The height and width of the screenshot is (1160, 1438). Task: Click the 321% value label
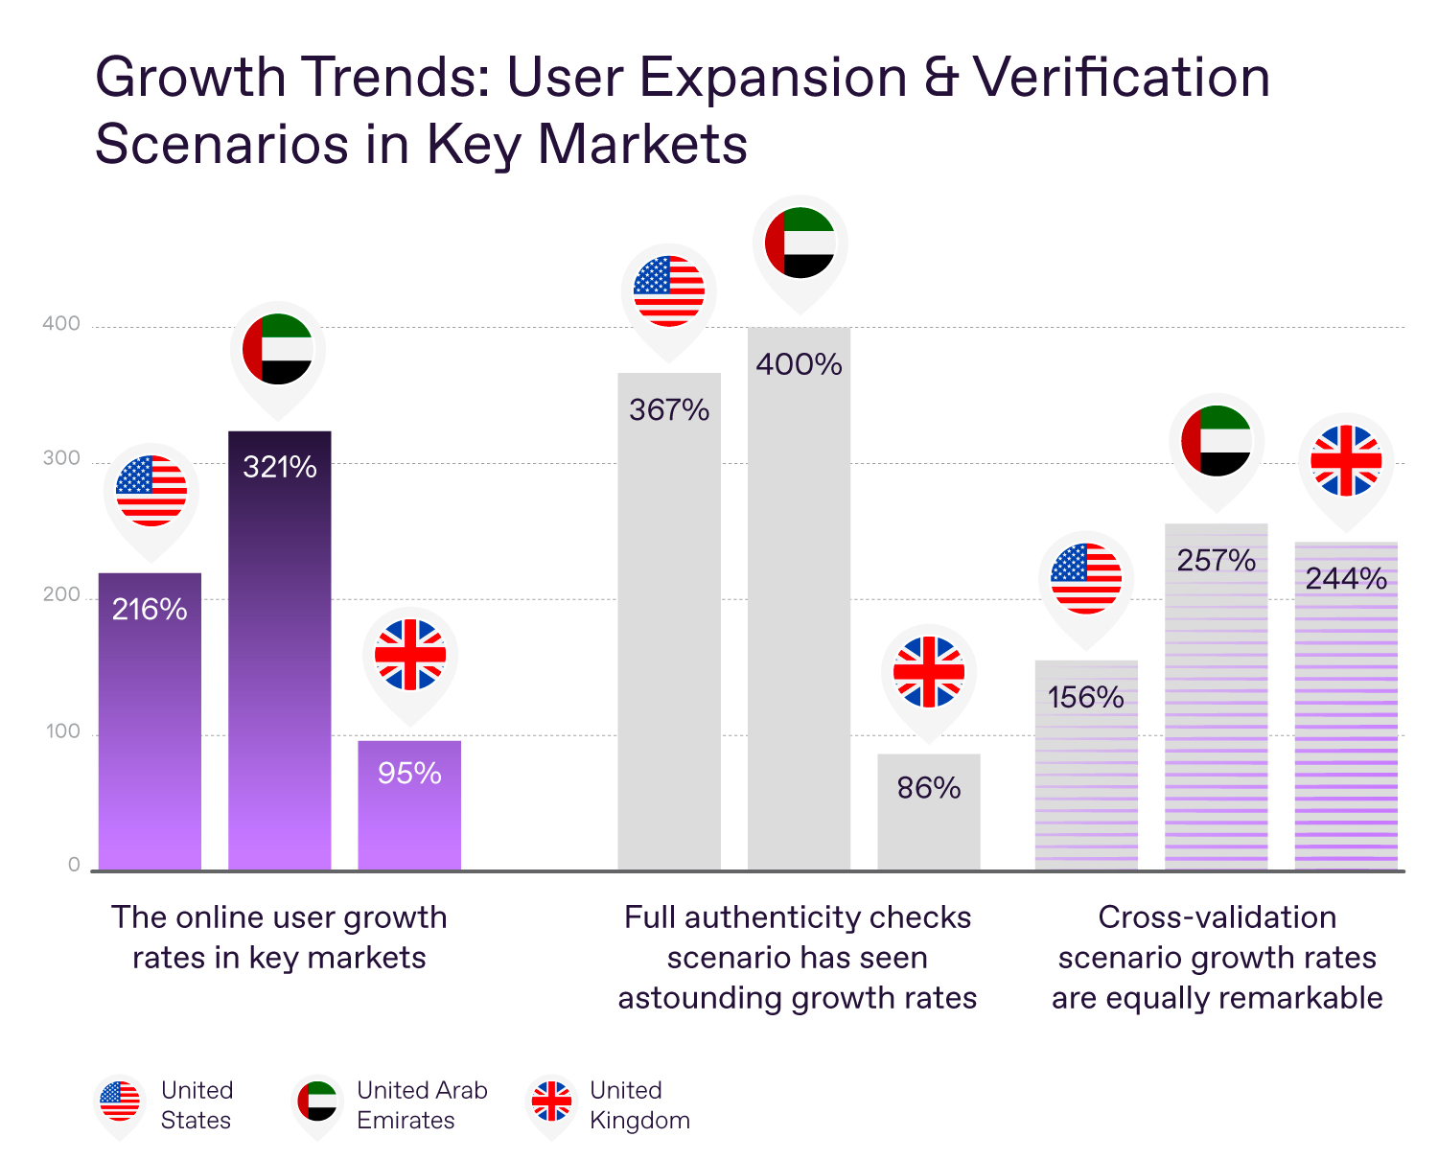tap(280, 467)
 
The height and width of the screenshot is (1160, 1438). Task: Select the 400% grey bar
tap(799, 614)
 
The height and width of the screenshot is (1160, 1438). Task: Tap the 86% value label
tap(929, 788)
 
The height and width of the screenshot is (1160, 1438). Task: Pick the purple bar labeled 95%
tap(409, 815)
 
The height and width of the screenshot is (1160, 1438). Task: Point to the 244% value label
tap(1346, 579)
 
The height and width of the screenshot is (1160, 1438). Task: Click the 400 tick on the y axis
tap(61, 324)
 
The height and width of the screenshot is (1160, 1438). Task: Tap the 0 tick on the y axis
tap(74, 865)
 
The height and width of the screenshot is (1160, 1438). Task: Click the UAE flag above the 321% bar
tap(278, 349)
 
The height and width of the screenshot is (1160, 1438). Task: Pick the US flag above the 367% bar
tap(669, 290)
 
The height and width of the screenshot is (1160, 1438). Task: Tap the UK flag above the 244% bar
tap(1346, 460)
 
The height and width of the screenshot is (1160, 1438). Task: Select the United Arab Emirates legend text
tap(422, 1104)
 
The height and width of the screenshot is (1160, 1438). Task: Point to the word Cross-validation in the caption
tap(1217, 917)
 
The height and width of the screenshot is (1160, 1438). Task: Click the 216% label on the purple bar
tap(150, 610)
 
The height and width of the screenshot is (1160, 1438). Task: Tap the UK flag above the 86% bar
tap(929, 672)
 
